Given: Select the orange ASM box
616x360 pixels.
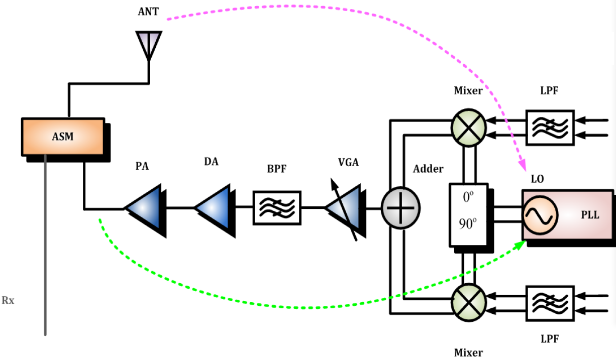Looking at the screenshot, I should click(63, 137).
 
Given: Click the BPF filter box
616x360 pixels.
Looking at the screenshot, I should click(277, 207).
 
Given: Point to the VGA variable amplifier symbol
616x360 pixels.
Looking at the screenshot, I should click(344, 208).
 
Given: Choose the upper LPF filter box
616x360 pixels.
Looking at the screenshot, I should click(550, 127).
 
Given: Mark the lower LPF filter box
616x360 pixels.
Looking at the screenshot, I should click(550, 303).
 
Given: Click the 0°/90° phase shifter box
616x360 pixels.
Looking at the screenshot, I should click(468, 214).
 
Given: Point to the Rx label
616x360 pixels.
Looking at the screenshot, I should click(9, 301).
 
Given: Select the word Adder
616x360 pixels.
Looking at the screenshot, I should click(428, 169).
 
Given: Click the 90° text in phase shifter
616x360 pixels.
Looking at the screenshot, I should click(468, 224).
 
